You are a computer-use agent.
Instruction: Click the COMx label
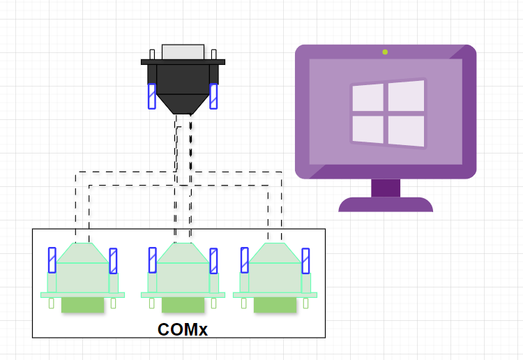pyautogui.click(x=183, y=329)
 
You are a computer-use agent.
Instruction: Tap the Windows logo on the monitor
pyautogui.click(x=388, y=114)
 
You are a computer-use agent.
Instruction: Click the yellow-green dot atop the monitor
pyautogui.click(x=385, y=52)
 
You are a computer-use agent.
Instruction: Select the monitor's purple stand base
pyautogui.click(x=386, y=204)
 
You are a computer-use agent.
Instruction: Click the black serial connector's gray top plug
pyautogui.click(x=183, y=52)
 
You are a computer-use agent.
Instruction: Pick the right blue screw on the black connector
pyautogui.click(x=214, y=96)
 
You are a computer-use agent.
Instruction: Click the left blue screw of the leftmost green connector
pyautogui.click(x=52, y=260)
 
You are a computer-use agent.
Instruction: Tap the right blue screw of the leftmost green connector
pyautogui.click(x=114, y=261)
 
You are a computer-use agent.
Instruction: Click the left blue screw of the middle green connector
pyautogui.click(x=152, y=260)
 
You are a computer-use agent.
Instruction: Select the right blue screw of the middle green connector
pyautogui.click(x=213, y=261)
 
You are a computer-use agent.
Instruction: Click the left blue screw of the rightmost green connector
pyautogui.click(x=244, y=260)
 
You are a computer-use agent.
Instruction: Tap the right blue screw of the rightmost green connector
pyautogui.click(x=305, y=261)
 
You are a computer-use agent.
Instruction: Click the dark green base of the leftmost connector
pyautogui.click(x=82, y=305)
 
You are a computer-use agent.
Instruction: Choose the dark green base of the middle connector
pyautogui.click(x=183, y=305)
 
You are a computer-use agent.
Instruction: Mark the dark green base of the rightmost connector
pyautogui.click(x=275, y=305)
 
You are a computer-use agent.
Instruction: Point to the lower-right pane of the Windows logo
pyautogui.click(x=407, y=130)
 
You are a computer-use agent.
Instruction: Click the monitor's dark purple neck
pyautogui.click(x=386, y=188)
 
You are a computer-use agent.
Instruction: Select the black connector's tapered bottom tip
pyautogui.click(x=183, y=108)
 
